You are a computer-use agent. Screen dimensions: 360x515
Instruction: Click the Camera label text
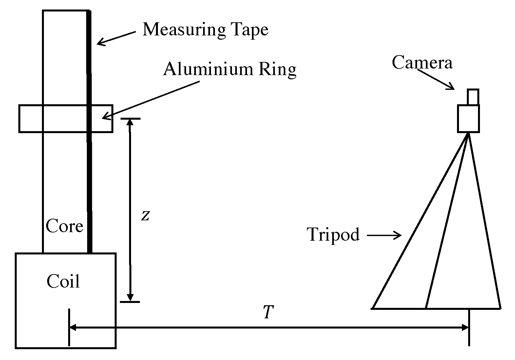pos(422,62)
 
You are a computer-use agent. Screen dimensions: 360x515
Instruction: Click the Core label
pos(64,226)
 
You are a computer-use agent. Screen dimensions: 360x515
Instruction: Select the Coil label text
pos(63,282)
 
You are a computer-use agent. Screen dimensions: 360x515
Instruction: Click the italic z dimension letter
pos(145,215)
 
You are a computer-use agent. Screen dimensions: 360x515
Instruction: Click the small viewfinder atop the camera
pos(473,97)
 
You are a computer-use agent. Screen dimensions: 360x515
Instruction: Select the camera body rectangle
pos(468,118)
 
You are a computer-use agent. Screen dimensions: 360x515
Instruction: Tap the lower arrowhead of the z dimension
pos(130,298)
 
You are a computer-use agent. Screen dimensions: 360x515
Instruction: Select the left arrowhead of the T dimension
pos(73,327)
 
